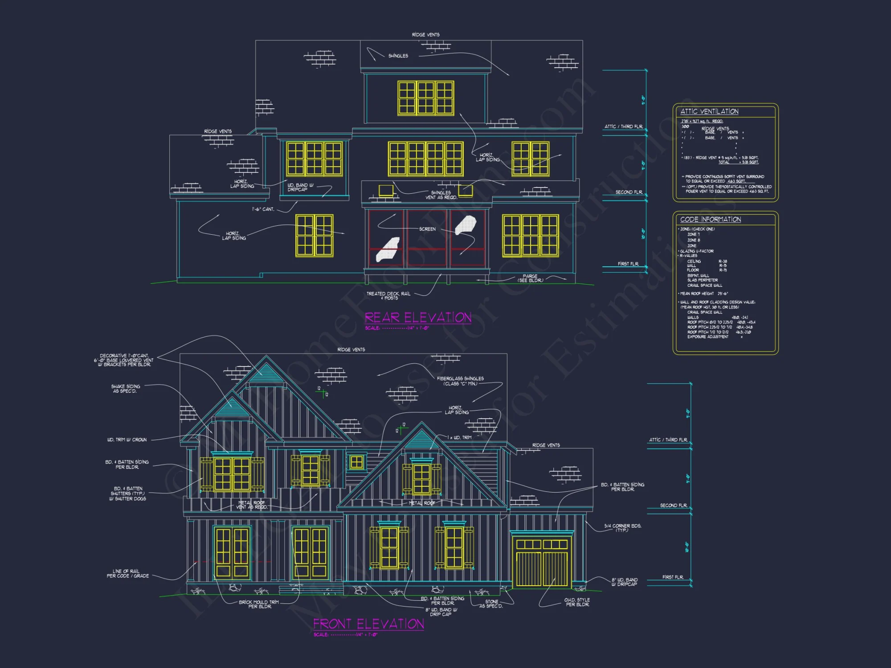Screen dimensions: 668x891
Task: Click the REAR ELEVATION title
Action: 418,318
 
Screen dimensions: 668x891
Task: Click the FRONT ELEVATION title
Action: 368,624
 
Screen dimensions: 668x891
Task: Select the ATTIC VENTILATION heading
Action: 709,111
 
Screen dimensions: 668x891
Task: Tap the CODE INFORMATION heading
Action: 711,219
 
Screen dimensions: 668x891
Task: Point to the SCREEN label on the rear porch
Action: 427,229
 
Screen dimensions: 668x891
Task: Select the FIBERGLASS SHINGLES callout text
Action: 460,381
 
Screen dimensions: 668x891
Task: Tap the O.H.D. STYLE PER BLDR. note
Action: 577,602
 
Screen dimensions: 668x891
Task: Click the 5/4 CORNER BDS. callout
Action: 622,528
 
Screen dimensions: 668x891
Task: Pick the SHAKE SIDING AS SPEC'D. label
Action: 126,388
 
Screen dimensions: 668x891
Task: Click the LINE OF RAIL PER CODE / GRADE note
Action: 127,574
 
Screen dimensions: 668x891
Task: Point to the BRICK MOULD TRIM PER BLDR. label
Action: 259,604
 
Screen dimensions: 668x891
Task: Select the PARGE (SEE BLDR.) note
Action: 530,278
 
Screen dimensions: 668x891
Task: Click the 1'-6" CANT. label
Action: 263,209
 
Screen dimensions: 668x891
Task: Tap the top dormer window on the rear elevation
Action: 425,98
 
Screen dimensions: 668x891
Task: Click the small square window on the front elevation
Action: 356,462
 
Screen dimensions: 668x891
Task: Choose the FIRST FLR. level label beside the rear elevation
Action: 628,264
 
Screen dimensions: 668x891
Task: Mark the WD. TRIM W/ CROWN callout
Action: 127,440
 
